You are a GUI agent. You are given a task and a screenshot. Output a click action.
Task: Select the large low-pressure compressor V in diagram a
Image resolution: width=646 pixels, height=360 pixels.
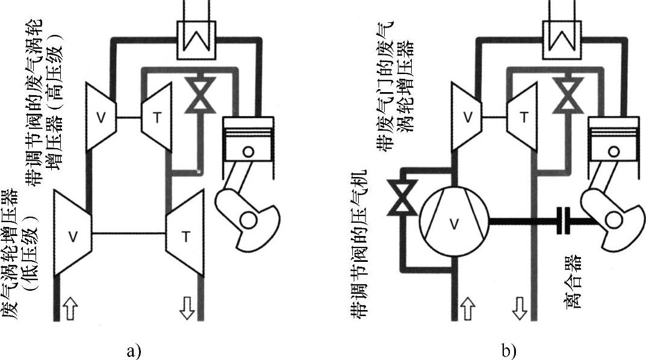point(73,234)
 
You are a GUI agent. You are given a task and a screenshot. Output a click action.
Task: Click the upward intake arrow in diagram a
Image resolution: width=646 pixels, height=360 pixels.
point(70,311)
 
